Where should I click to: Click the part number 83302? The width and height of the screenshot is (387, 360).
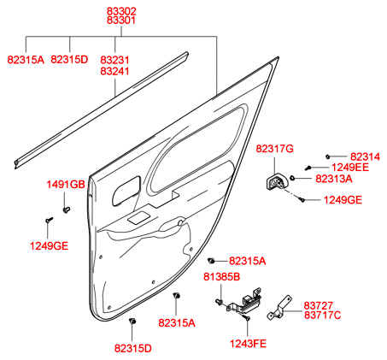[x=121, y=11]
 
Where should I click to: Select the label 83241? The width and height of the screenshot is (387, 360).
[x=114, y=71]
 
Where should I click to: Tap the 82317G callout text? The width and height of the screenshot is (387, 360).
[x=274, y=149]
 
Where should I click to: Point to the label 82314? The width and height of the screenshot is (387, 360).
[x=365, y=156]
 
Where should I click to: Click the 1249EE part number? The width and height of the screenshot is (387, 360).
[x=350, y=168]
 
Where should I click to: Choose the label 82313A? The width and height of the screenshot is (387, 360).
[x=334, y=179]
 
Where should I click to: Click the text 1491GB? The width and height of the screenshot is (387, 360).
[x=66, y=185]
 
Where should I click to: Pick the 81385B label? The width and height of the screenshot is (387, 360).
[x=221, y=277]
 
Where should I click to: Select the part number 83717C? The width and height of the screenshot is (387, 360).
[x=322, y=316]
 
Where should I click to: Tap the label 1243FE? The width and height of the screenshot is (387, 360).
[x=248, y=344]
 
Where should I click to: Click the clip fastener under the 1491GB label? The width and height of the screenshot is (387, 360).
[x=67, y=210]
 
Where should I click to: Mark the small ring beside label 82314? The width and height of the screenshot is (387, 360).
[x=327, y=156]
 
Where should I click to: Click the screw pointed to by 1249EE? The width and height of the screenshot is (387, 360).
[x=308, y=168]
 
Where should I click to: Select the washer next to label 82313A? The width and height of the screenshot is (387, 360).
[x=292, y=178]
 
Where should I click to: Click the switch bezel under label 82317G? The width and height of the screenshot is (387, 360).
[x=275, y=182]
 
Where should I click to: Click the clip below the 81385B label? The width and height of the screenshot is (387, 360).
[x=219, y=302]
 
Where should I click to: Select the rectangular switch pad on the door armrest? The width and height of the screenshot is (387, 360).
[x=138, y=218]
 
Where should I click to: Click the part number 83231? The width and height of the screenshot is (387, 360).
[x=114, y=60]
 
